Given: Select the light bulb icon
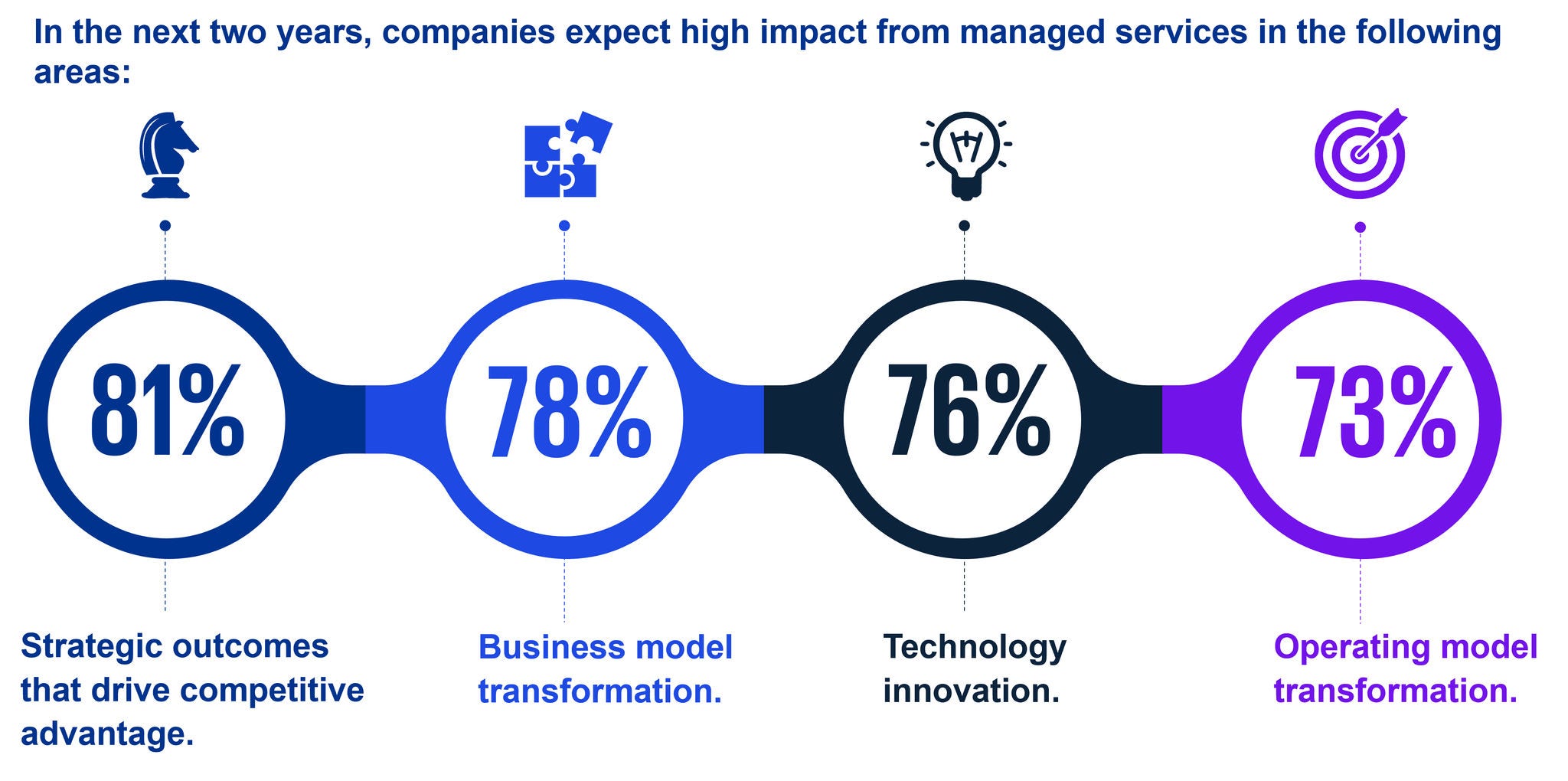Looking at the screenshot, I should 965,156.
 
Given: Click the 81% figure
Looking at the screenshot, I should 167,413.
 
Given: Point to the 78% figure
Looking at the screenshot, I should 568,413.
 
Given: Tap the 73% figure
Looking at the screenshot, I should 1374,413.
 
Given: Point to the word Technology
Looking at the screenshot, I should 974,649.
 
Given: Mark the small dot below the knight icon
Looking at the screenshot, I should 165,226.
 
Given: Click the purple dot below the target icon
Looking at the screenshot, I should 1360,227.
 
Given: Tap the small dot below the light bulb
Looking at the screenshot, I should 964,226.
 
